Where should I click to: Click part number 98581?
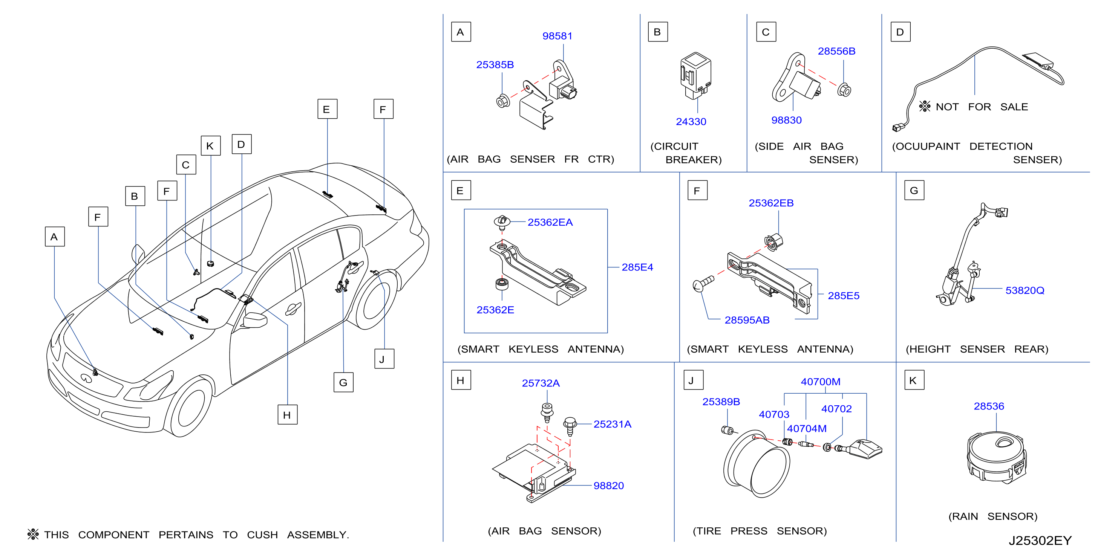[x=557, y=36]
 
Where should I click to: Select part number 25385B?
[x=495, y=65]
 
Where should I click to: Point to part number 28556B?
[x=836, y=51]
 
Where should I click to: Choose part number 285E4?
[x=637, y=267]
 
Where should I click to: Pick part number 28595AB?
[x=747, y=320]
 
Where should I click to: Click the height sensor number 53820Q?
[x=1025, y=290]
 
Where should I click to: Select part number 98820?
[x=608, y=486]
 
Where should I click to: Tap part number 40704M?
[x=807, y=428]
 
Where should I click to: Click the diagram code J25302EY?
[x=1040, y=541]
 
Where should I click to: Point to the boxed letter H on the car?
[x=287, y=415]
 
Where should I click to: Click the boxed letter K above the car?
[x=210, y=146]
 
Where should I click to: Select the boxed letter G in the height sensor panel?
[x=914, y=190]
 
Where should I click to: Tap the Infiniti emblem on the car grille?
[x=86, y=379]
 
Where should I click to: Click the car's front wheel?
[x=188, y=408]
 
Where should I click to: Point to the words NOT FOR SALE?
[x=982, y=107]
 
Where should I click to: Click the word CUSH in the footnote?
[x=262, y=535]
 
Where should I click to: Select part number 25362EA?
[x=550, y=222]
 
